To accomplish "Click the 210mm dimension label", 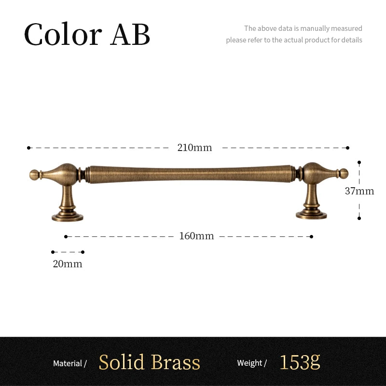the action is [194, 148].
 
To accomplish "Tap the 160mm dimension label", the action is [196, 236].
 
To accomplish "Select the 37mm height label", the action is [359, 191].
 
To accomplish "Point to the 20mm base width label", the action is [68, 264].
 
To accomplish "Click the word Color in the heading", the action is [63, 34].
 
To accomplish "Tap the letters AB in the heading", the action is [130, 34].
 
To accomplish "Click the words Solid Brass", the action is [150, 362].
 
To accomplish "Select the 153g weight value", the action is [300, 362].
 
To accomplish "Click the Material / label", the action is [70, 363].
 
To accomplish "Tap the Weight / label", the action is [252, 363].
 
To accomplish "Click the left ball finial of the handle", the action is [34, 175].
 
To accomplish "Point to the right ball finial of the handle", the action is [344, 174].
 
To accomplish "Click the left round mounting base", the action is [68, 218].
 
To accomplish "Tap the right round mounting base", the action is [311, 215].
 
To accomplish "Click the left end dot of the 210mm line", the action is [29, 148].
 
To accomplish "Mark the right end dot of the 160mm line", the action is [311, 236].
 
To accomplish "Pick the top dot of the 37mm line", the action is [359, 163].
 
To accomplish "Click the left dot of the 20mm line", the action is [53, 252].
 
